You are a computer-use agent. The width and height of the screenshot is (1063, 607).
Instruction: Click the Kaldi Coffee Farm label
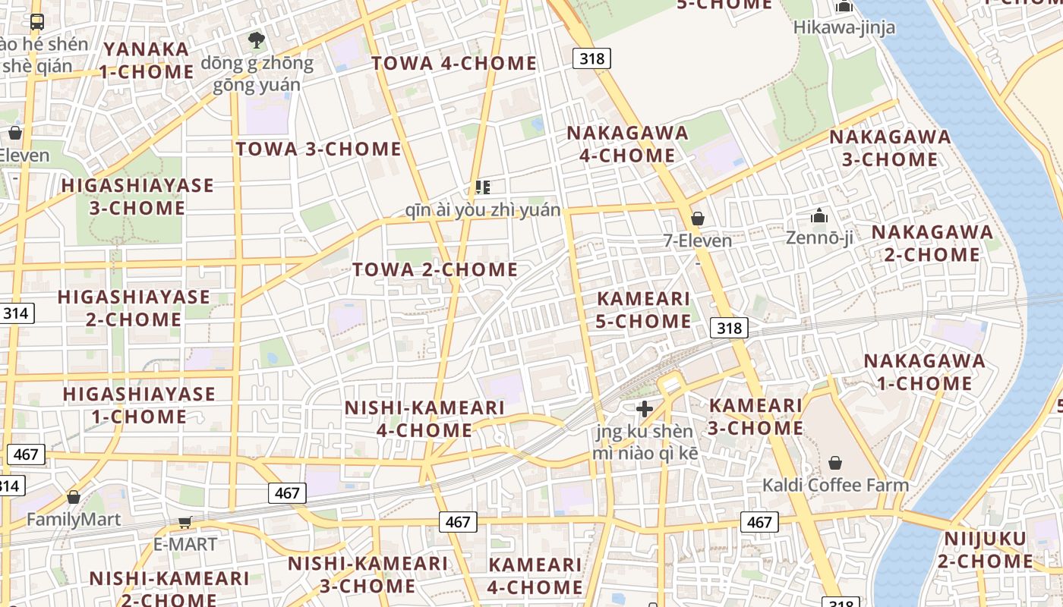(x=835, y=485)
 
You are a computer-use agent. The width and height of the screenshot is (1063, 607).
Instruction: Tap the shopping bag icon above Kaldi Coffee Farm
(x=835, y=463)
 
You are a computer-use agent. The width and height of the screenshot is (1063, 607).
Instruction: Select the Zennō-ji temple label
(x=819, y=237)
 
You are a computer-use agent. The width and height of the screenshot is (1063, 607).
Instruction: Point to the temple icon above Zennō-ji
(x=819, y=216)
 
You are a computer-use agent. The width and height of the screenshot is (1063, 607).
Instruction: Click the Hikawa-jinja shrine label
(x=844, y=27)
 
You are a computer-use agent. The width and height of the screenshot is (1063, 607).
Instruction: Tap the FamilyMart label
(x=74, y=520)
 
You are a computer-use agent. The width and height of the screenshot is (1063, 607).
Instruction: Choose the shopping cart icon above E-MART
(x=185, y=523)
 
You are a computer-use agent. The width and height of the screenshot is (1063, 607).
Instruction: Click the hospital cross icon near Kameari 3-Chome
(x=645, y=410)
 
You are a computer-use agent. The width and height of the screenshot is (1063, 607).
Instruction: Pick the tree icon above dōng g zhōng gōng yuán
(x=257, y=39)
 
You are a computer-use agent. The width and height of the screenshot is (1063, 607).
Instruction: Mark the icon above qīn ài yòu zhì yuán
(x=482, y=187)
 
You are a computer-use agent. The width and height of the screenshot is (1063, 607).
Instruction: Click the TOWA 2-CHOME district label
(x=435, y=269)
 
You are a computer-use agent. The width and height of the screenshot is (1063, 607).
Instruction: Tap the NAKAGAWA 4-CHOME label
(x=628, y=144)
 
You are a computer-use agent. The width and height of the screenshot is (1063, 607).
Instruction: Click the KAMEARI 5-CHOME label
(x=643, y=310)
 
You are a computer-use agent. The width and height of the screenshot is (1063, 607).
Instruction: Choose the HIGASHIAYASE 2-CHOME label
(x=134, y=307)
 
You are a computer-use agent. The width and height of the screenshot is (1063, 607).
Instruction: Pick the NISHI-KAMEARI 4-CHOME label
(x=424, y=419)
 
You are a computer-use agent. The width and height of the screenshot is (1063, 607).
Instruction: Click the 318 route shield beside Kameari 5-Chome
(x=730, y=328)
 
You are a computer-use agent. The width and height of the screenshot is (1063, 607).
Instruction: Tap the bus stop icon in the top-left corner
(x=36, y=21)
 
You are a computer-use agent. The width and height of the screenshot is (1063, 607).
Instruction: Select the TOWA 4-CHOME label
(x=454, y=64)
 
